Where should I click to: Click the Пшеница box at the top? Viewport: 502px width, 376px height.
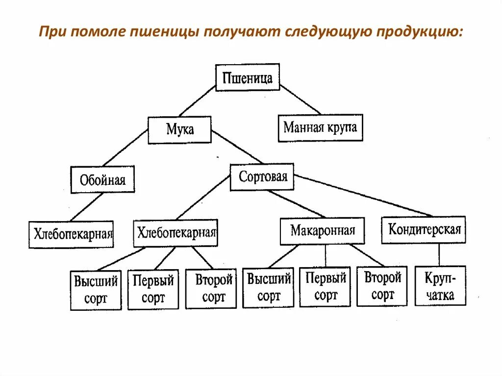pos(248,77)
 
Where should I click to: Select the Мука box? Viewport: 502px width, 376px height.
pos(180,129)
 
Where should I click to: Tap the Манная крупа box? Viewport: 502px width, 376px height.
pos(320,128)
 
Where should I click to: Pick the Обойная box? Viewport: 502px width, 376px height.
pos(102,180)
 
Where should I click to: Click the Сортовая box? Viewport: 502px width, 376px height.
pos(262,176)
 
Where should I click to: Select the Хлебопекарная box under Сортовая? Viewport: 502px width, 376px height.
pos(176,232)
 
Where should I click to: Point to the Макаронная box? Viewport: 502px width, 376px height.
pos(323,230)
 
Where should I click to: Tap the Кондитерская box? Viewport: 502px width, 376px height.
pos(424,229)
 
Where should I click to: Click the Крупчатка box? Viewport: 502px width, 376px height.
pos(440,286)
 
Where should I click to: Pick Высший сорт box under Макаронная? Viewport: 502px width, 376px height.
pos(268,287)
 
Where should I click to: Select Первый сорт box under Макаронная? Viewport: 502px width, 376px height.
pos(326,287)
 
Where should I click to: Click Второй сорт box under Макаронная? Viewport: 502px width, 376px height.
pos(382,286)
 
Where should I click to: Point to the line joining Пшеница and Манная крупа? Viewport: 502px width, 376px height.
pos(300,100)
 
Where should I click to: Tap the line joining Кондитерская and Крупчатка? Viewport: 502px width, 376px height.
pos(439,254)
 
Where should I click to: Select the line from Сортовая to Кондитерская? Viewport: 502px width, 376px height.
pos(363,195)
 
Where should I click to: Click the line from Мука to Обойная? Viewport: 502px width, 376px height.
pos(125,149)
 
